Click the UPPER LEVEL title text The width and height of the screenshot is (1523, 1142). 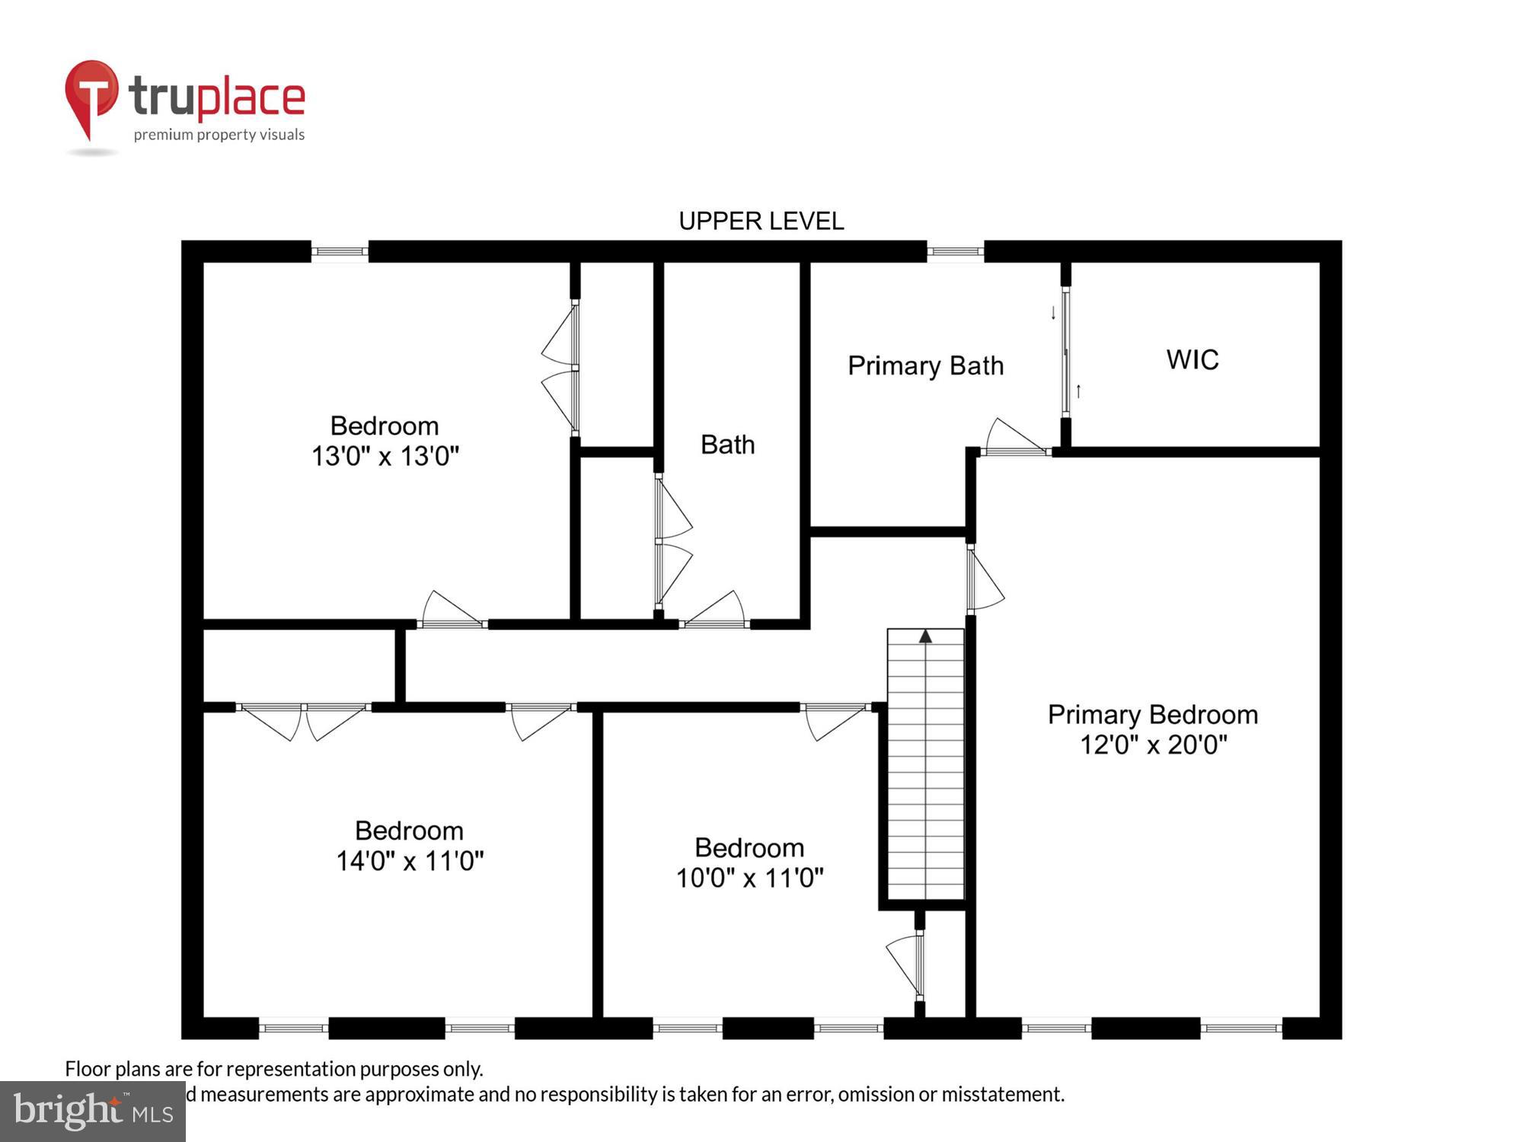761,221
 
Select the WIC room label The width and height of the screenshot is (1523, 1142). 1193,359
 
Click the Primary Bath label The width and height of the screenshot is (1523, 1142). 925,366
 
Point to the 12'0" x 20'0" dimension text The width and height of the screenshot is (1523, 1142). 1153,745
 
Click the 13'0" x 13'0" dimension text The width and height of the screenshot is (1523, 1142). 385,456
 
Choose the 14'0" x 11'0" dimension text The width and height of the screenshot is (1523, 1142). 410,861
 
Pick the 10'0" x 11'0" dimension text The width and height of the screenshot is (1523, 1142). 749,879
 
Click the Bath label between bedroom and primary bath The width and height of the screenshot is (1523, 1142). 727,445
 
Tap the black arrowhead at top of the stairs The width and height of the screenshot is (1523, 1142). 925,636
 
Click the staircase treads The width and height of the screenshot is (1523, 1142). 925,769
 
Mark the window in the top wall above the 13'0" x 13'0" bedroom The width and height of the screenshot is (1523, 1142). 340,251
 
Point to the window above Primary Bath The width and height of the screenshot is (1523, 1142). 955,251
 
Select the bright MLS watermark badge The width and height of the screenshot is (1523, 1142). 92,1112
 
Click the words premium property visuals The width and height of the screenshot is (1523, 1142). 219,136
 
